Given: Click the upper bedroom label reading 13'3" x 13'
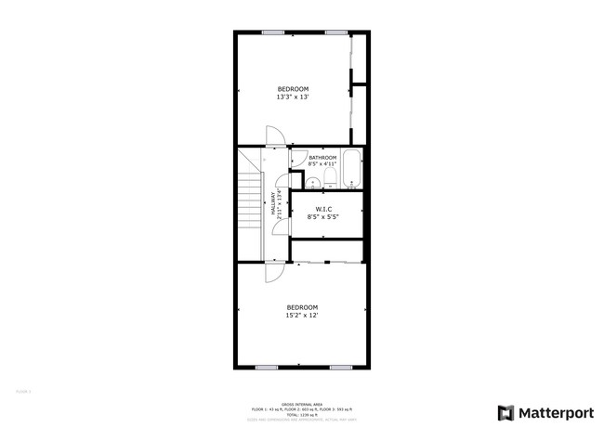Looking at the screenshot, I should (x=293, y=93).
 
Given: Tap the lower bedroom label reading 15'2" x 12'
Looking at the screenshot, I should (x=302, y=312).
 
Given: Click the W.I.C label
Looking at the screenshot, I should (x=323, y=213).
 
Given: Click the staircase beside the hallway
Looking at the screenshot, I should (x=250, y=205).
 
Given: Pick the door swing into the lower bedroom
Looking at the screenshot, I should (x=275, y=270).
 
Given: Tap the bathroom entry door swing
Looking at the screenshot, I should (x=298, y=159).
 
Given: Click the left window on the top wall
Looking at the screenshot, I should (x=271, y=32).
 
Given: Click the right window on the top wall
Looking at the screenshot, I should (x=335, y=32).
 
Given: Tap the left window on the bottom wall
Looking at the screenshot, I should (x=267, y=368).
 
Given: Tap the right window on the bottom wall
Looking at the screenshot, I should (x=340, y=368).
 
